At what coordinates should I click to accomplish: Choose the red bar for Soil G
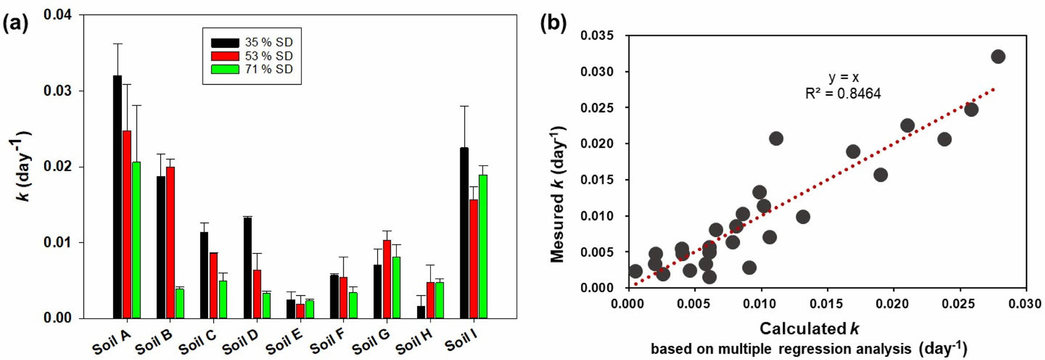[387, 279]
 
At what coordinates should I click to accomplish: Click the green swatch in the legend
[225, 69]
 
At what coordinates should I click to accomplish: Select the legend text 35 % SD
[269, 42]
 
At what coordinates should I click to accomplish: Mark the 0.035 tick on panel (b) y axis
[597, 35]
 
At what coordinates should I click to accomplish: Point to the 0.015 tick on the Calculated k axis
[827, 304]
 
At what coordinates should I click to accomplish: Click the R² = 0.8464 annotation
[843, 94]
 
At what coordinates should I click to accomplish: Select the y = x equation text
[844, 78]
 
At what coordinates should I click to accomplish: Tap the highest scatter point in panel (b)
[998, 57]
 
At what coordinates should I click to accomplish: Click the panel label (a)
[15, 23]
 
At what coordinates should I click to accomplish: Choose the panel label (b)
[553, 23]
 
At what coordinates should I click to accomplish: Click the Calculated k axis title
[809, 329]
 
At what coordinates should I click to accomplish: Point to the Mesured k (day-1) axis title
[558, 195]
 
